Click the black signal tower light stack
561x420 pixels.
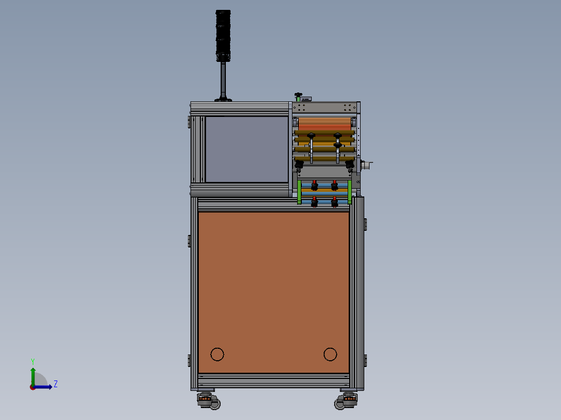(x=223, y=35)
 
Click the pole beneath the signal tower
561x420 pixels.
(x=223, y=80)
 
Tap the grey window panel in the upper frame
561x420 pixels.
(x=247, y=149)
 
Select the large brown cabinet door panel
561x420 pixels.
(x=274, y=293)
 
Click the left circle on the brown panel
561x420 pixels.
(x=217, y=354)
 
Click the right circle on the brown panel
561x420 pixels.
(x=330, y=354)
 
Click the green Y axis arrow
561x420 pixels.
(x=33, y=377)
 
